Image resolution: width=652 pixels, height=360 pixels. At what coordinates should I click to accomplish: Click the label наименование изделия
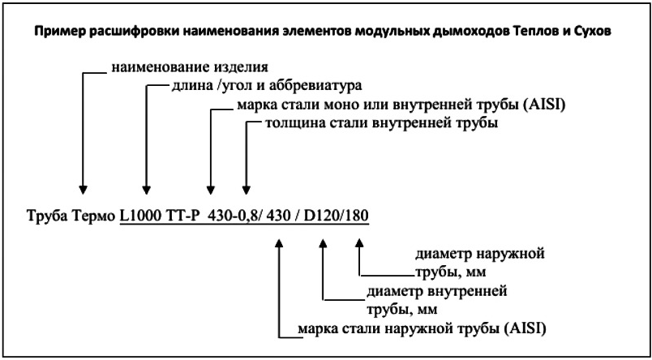(x=190, y=67)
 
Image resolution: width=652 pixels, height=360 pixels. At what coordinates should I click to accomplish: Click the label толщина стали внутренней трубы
(x=381, y=123)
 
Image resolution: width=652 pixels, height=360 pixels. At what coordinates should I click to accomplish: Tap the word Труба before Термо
(x=45, y=216)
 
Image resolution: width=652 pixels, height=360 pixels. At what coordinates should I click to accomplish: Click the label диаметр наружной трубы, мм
(x=479, y=263)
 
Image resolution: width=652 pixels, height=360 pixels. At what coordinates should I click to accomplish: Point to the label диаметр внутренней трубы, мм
(x=436, y=300)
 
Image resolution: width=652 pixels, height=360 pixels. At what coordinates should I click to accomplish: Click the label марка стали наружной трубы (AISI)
(x=422, y=328)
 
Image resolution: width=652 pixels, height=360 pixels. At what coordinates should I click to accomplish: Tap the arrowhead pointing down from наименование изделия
(x=84, y=190)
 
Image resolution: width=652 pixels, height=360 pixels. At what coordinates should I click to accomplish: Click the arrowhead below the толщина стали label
(x=247, y=190)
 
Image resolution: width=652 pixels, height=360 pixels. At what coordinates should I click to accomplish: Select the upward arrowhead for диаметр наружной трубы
(x=360, y=243)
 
